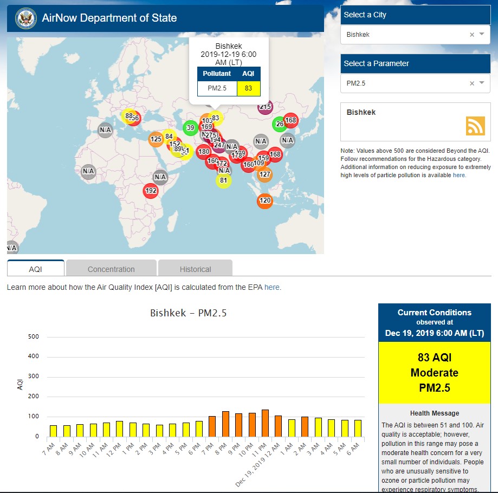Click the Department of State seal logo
[x=25, y=18]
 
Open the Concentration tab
[x=111, y=269]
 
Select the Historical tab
[x=196, y=269]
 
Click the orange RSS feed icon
[x=475, y=126]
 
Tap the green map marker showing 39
[x=190, y=128]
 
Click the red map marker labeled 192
[x=151, y=191]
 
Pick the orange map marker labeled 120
[x=264, y=200]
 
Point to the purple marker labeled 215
[x=265, y=107]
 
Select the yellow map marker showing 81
[x=223, y=180]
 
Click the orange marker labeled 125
[x=156, y=139]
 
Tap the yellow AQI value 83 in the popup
[x=248, y=88]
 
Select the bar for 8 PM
[x=225, y=424]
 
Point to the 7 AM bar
[x=53, y=431]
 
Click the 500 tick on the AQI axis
[x=34, y=336]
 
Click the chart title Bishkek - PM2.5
[x=188, y=313]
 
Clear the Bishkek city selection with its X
[x=471, y=35]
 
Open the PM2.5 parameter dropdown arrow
[x=482, y=83]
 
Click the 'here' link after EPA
[x=272, y=287]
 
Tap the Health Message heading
[x=434, y=413]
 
